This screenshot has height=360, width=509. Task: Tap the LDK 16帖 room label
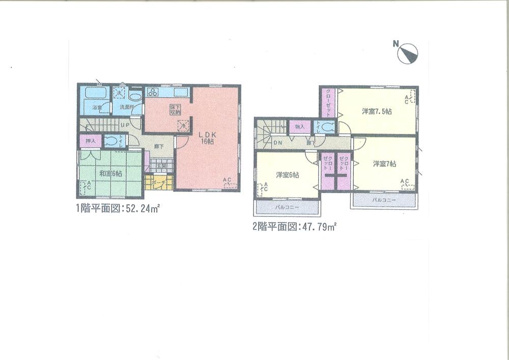(206, 139)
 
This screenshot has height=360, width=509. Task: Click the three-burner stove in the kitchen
(153, 92)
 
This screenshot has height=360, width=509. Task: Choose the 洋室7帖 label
(385, 163)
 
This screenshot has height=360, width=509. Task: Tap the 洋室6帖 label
(288, 175)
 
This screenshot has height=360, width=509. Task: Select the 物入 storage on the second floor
(299, 126)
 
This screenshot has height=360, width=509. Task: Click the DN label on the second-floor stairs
(278, 143)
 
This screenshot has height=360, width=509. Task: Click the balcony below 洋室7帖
(384, 200)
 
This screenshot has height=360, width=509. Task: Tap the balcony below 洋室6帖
(287, 207)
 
